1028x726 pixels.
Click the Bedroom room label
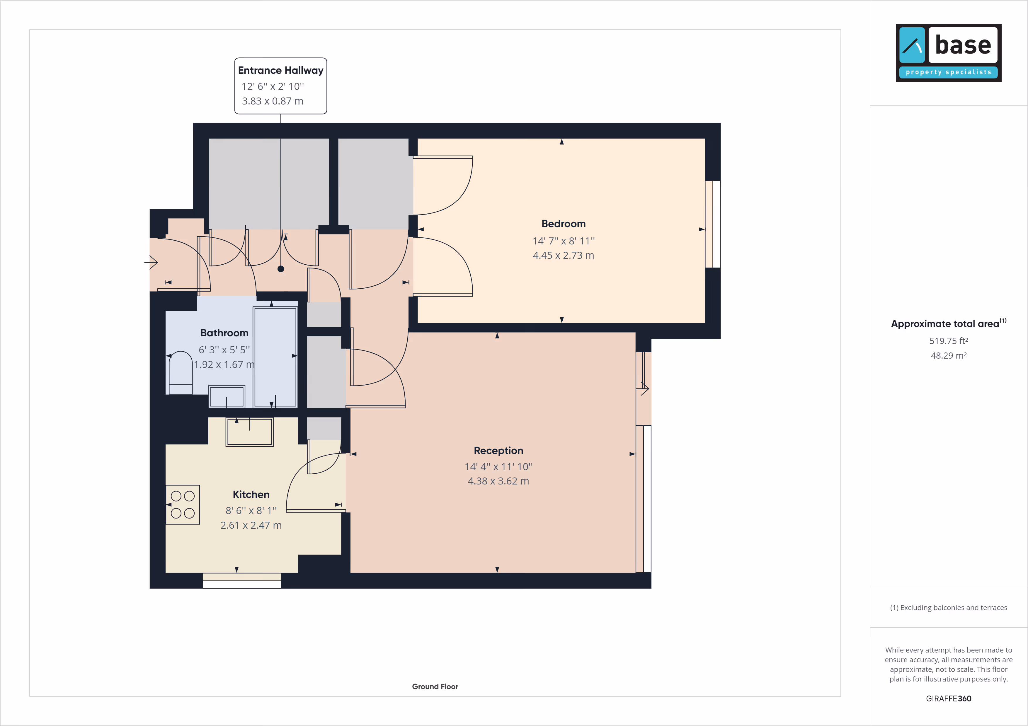click(x=563, y=224)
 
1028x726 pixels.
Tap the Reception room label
click(x=498, y=451)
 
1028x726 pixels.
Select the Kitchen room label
click(x=251, y=494)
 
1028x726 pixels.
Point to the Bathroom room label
click(x=224, y=333)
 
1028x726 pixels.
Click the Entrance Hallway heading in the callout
click(x=281, y=70)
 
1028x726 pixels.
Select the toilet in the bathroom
click(x=181, y=372)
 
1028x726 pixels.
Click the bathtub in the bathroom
click(x=275, y=357)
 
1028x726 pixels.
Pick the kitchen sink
click(x=249, y=432)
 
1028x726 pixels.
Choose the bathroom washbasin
click(x=227, y=396)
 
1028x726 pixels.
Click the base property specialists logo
click(x=948, y=53)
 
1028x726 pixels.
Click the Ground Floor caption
click(x=435, y=687)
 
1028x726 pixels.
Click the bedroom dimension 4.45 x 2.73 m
click(x=563, y=256)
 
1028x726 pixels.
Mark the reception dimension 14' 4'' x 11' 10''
click(x=498, y=467)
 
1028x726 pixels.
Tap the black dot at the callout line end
click(x=281, y=269)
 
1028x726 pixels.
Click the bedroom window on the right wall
click(x=713, y=224)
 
